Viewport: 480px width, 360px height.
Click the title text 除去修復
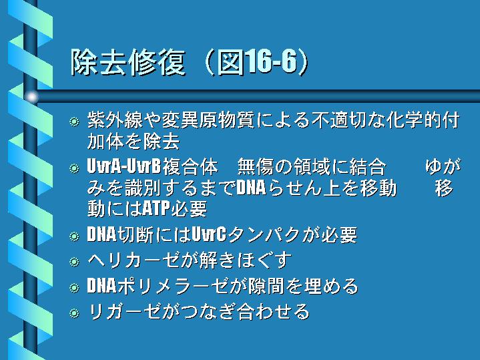pos(128,62)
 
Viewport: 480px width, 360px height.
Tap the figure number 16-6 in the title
pos(272,61)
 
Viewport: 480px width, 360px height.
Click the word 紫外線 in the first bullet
pos(115,120)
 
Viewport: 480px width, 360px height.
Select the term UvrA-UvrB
pos(124,167)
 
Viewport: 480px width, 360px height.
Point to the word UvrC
pos(209,234)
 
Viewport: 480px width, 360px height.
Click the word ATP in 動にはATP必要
pos(156,208)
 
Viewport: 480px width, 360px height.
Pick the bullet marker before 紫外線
pos(74,122)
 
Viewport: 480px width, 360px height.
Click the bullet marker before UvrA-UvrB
pos(74,168)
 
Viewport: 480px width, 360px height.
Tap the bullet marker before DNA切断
pos(74,236)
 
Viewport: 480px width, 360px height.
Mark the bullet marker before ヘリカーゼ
pos(74,262)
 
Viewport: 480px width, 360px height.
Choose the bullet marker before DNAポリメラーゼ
pos(74,288)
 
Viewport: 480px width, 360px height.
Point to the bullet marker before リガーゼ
pos(74,313)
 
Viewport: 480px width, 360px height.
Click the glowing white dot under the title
pos(31,97)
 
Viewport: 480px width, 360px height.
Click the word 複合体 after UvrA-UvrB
pos(190,167)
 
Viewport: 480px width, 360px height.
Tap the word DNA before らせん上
pos(251,188)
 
